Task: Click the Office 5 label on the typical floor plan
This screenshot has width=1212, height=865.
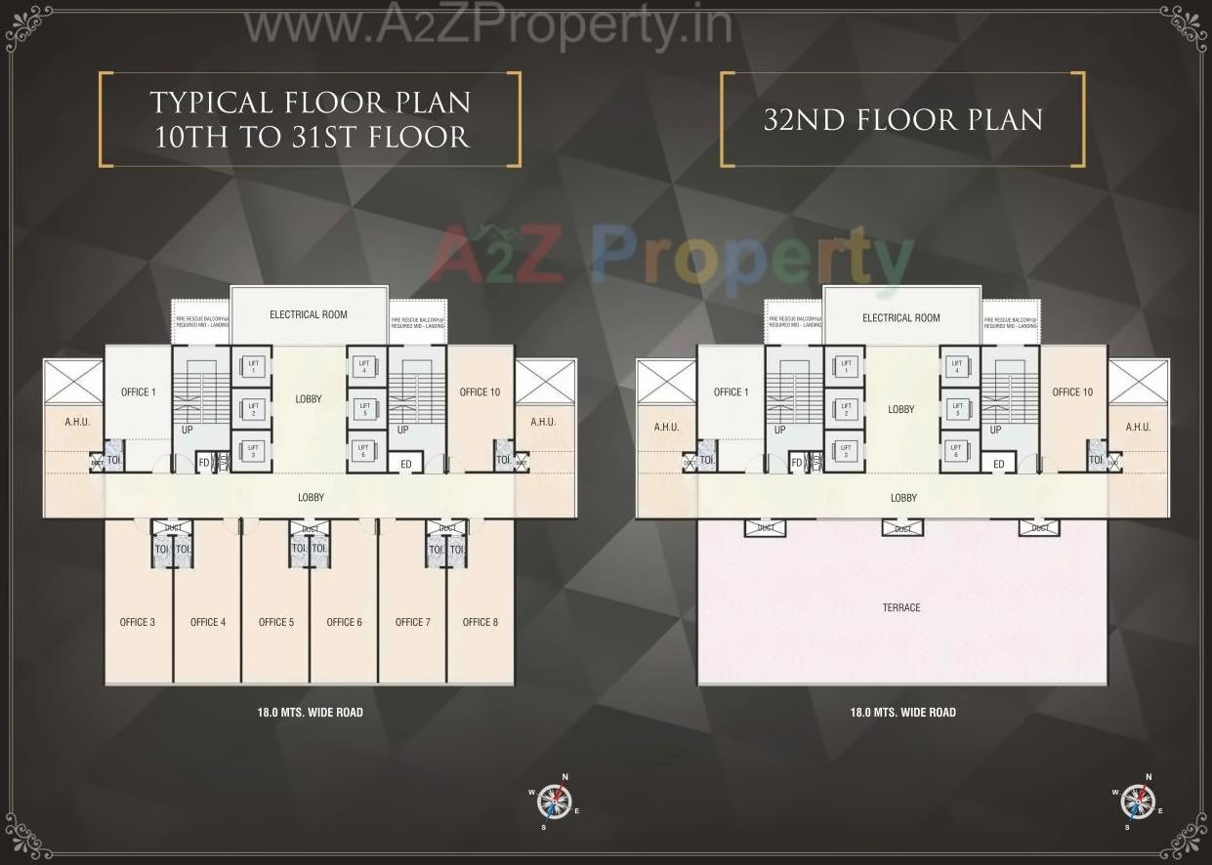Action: [276, 622]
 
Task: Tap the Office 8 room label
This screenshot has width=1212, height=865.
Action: [481, 622]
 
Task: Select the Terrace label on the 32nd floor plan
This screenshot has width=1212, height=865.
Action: [901, 607]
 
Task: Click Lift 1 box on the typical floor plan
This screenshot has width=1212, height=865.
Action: [253, 367]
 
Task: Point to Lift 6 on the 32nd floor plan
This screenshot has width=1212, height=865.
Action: [956, 450]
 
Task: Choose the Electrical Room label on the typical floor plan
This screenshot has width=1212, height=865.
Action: [309, 314]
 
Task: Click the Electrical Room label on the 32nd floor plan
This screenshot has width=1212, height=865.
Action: [901, 317]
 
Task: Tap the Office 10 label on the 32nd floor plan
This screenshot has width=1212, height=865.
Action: [1072, 392]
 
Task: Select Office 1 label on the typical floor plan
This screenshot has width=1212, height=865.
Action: [138, 392]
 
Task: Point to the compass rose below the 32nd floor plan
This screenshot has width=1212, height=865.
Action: [1138, 802]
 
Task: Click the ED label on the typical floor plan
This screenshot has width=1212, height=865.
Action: [406, 464]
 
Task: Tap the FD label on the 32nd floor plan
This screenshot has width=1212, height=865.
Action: [796, 463]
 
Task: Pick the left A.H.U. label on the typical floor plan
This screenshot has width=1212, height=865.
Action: [77, 423]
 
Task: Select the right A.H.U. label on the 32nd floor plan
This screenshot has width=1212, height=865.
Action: [1138, 427]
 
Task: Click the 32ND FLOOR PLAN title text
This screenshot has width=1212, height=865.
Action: [902, 120]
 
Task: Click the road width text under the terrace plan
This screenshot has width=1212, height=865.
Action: [902, 713]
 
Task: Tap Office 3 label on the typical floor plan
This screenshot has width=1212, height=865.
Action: [138, 622]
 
